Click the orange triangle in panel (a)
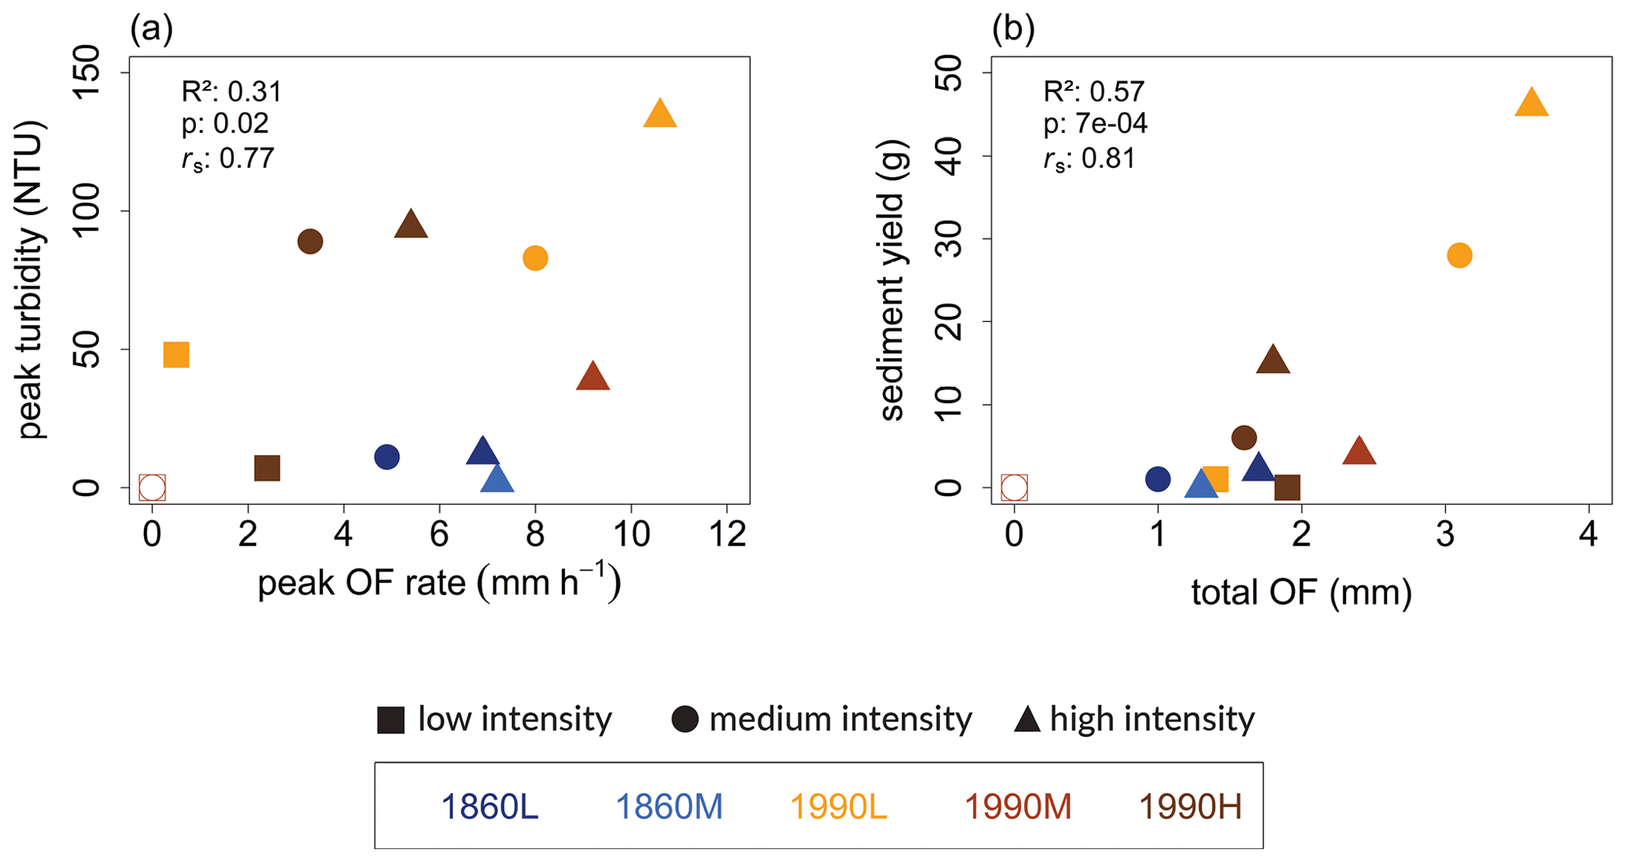pos(660,115)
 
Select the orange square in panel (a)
pos(176,355)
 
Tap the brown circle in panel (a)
pos(310,242)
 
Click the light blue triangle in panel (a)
pos(497,479)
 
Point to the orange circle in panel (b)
pos(1459,255)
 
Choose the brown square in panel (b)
pos(1287,487)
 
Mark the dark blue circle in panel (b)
pos(1158,479)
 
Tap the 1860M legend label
pos(668,807)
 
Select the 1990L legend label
pos(838,807)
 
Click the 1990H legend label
pos(1190,807)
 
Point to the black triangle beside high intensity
pos(1027,720)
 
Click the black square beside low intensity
pos(390,720)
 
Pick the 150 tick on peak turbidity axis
pos(87,72)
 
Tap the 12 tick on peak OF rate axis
pos(727,535)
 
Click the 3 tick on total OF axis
pos(1445,535)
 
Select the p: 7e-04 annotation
pos(1095,124)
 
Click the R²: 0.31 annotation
pos(231,92)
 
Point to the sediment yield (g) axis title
pos(893,280)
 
